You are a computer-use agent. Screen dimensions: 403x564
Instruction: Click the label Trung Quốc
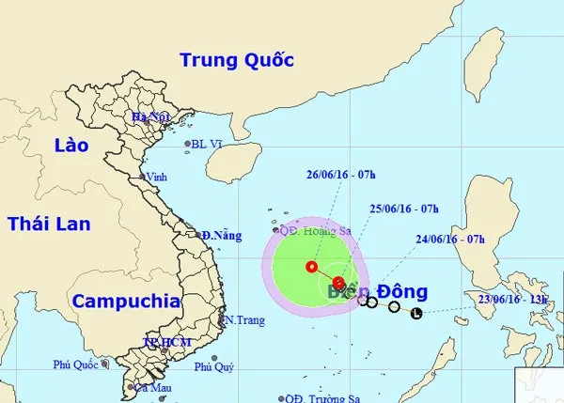point(237,61)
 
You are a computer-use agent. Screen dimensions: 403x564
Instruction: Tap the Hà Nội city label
point(150,117)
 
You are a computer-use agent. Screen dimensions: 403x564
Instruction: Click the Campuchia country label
point(125,302)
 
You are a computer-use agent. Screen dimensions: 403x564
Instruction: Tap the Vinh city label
point(157,177)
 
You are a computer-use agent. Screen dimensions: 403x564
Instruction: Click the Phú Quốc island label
point(76,365)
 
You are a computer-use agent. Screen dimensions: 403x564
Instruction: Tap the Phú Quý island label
point(213,369)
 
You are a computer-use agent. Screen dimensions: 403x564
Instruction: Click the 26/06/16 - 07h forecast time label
point(339,174)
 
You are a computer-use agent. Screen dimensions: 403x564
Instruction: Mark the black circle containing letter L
point(417,313)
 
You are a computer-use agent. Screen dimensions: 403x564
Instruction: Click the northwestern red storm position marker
point(311,268)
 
